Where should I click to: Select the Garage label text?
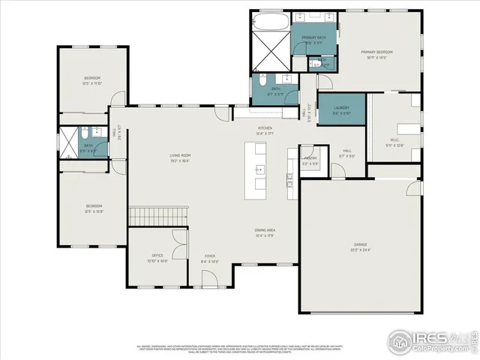(x=361, y=244)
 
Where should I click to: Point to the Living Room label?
(x=179, y=155)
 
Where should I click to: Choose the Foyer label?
(x=210, y=256)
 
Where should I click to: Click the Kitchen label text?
(x=265, y=128)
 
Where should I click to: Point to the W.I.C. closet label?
(x=394, y=140)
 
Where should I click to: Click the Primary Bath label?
(x=313, y=37)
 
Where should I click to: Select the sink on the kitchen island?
(x=260, y=169)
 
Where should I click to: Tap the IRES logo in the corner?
(x=430, y=338)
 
